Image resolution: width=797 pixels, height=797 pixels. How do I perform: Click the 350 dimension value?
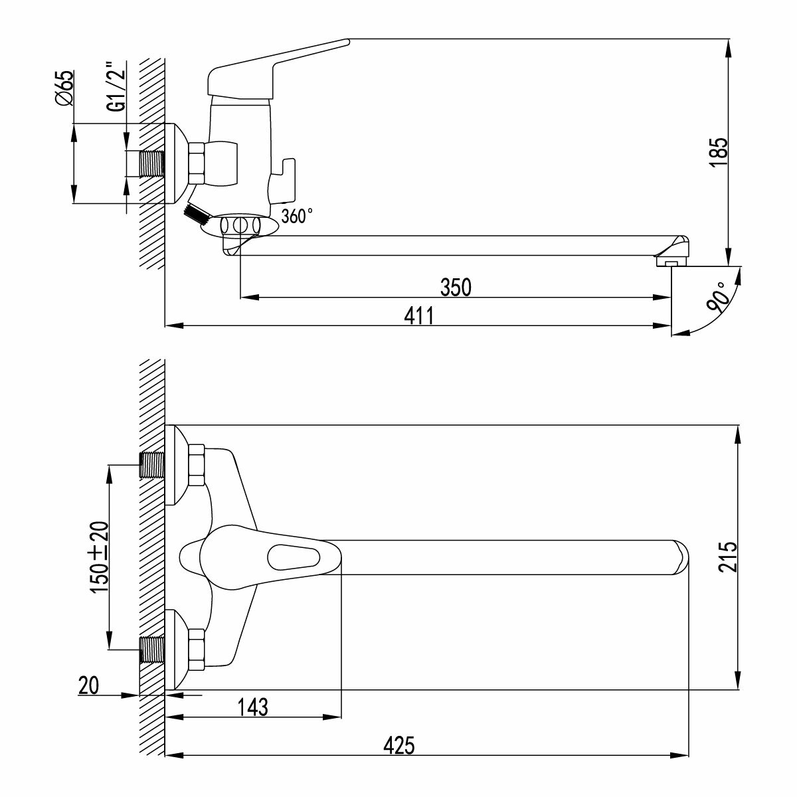tap(456, 287)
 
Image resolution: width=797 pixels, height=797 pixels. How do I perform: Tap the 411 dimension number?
tap(419, 316)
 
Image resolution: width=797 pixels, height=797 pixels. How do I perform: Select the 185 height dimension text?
tap(718, 152)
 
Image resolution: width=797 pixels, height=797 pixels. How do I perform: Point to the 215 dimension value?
tap(727, 557)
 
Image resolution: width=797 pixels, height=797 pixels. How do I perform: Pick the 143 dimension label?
tap(252, 707)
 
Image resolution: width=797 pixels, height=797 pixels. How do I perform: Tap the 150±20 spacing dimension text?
tap(99, 557)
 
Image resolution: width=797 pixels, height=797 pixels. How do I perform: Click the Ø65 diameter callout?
tap(65, 88)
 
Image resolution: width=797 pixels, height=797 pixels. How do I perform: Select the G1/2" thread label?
tap(116, 87)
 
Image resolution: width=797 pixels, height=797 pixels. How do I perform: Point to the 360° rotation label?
tap(297, 216)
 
